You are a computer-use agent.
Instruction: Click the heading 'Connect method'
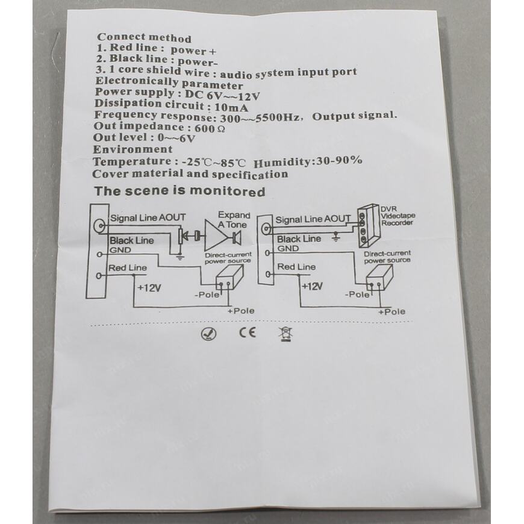144,39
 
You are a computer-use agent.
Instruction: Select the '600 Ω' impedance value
215,128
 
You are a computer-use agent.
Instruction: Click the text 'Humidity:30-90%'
308,161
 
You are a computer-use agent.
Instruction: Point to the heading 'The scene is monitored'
179,192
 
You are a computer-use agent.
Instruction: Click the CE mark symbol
248,332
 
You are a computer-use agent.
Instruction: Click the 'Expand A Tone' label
233,219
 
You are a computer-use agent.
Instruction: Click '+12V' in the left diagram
149,288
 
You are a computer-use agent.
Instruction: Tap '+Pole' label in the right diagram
391,311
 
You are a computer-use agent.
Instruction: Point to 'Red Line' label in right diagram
296,267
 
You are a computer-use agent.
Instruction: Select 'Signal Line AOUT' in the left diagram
148,218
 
